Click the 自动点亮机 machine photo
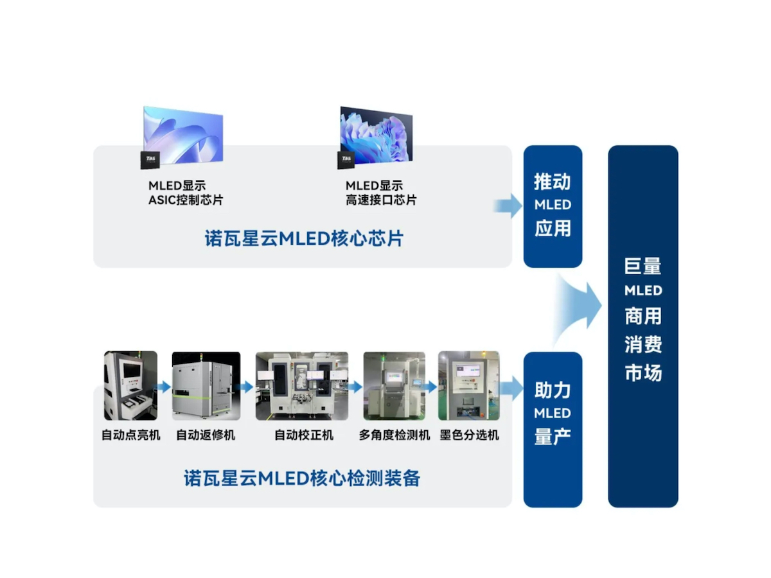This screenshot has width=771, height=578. point(130,386)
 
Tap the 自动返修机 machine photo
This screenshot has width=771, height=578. point(206,386)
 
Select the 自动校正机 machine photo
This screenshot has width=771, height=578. point(302,386)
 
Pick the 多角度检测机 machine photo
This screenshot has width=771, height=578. point(394,386)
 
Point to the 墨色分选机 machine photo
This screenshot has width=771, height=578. point(468,386)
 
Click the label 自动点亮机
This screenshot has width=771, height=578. point(130,435)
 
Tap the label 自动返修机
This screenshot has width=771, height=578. point(206,435)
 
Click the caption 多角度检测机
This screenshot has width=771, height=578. point(394,435)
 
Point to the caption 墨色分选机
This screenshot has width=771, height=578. point(469,435)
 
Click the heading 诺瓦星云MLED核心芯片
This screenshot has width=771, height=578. point(303,239)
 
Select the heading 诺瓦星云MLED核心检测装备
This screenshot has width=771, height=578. point(302,478)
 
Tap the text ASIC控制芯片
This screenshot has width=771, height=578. point(186,200)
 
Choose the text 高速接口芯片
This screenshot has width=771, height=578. point(381,200)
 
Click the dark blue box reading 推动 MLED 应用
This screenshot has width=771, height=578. point(553,206)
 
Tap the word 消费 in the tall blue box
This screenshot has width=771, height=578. point(643,345)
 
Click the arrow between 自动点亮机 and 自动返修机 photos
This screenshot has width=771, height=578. point(164,387)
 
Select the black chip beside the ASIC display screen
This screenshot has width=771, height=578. point(150,160)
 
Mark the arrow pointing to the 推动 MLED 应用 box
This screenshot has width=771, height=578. point(508,206)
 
